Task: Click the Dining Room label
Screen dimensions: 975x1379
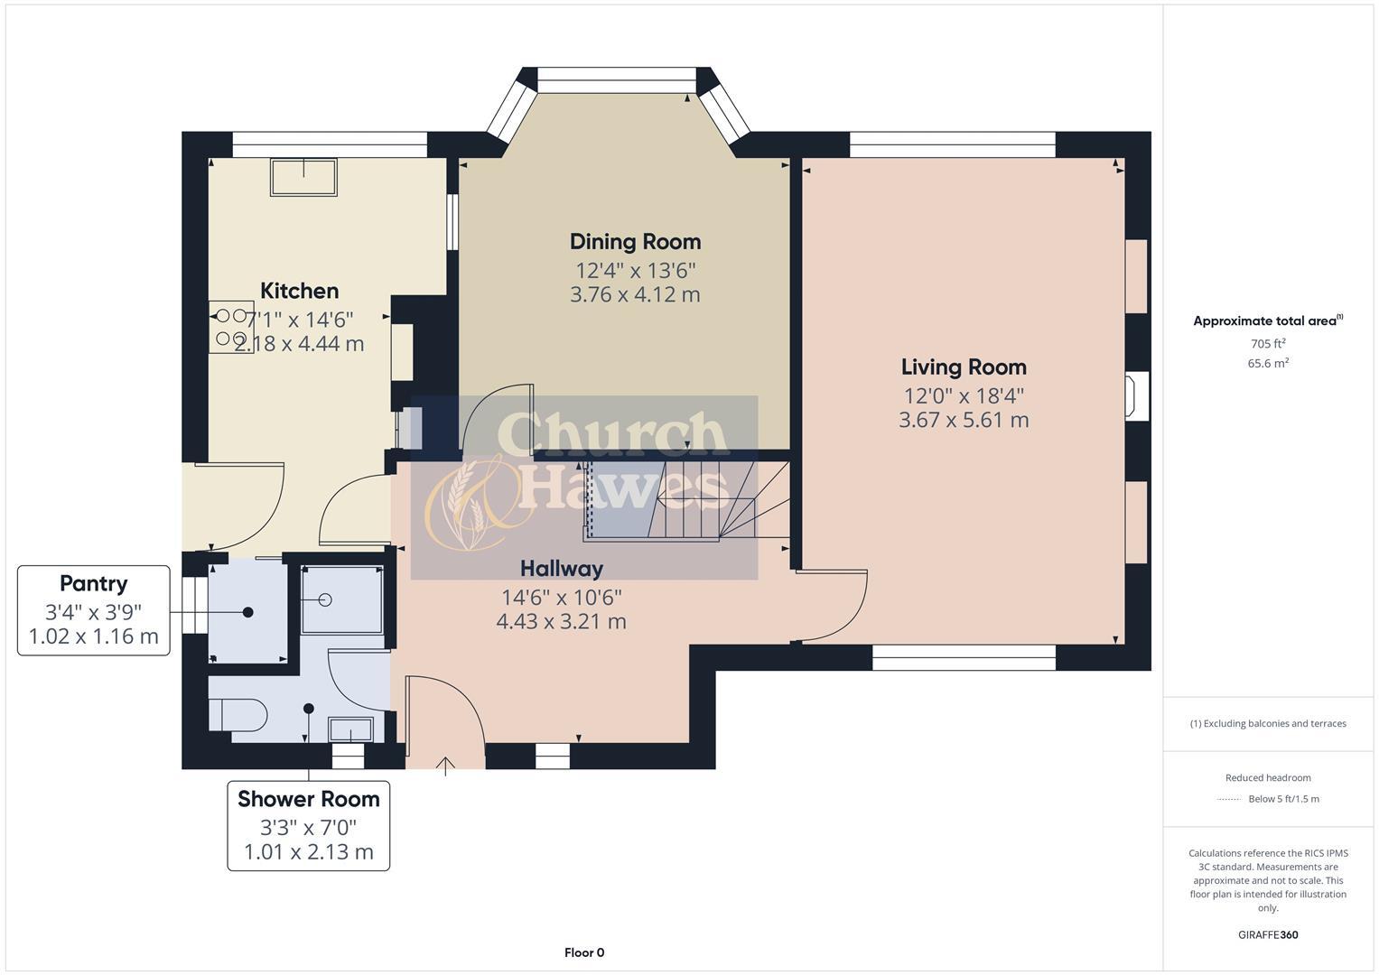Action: point(635,242)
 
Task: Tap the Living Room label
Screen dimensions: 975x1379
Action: point(964,367)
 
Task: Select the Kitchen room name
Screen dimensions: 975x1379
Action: point(299,291)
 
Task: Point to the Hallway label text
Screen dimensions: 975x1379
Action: point(561,569)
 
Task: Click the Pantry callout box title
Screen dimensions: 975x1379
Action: point(93,584)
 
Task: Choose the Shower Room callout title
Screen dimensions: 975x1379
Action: point(308,799)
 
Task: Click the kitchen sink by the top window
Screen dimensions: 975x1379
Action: point(303,177)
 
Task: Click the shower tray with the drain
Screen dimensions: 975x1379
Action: point(341,599)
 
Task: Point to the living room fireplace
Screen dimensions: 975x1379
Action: point(1134,395)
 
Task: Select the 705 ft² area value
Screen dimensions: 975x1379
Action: point(1267,344)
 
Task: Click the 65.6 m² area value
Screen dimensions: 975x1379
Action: point(1267,364)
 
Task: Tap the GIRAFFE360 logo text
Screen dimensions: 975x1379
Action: point(1267,934)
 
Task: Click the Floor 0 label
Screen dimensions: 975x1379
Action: point(583,952)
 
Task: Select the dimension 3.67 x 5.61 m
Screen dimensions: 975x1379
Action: point(964,420)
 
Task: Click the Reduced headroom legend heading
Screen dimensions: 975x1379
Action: point(1267,778)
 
